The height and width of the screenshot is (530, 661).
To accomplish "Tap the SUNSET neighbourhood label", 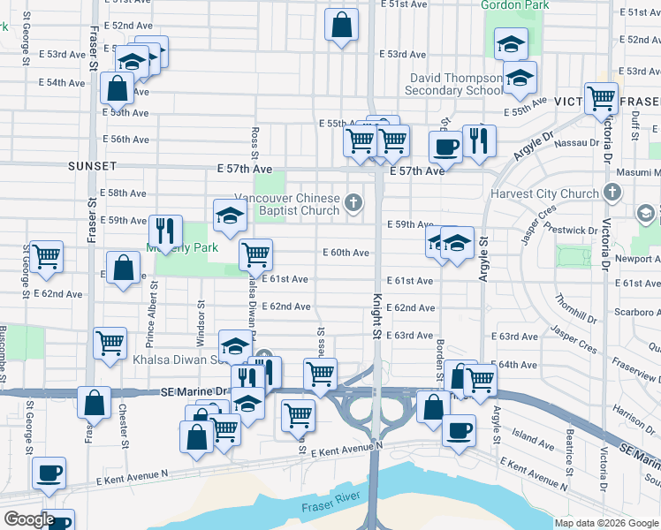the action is pyautogui.click(x=92, y=166).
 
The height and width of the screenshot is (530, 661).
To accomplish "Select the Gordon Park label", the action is pyautogui.click(x=514, y=5).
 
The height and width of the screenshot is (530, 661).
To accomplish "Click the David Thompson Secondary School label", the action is pyautogui.click(x=456, y=84).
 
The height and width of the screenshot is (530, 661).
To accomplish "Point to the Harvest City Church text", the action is pyautogui.click(x=544, y=194).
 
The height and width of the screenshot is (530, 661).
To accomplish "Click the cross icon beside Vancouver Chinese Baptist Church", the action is pyautogui.click(x=353, y=204).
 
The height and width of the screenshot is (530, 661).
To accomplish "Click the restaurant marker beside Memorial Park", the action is pyautogui.click(x=165, y=231).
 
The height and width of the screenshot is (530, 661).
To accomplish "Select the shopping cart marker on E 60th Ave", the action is pyautogui.click(x=255, y=255).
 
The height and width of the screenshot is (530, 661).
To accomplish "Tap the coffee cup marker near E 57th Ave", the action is pyautogui.click(x=446, y=147).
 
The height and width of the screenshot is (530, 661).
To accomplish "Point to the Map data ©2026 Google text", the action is pyautogui.click(x=605, y=523).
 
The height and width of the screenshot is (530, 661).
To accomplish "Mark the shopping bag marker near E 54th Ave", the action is pyautogui.click(x=117, y=87).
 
